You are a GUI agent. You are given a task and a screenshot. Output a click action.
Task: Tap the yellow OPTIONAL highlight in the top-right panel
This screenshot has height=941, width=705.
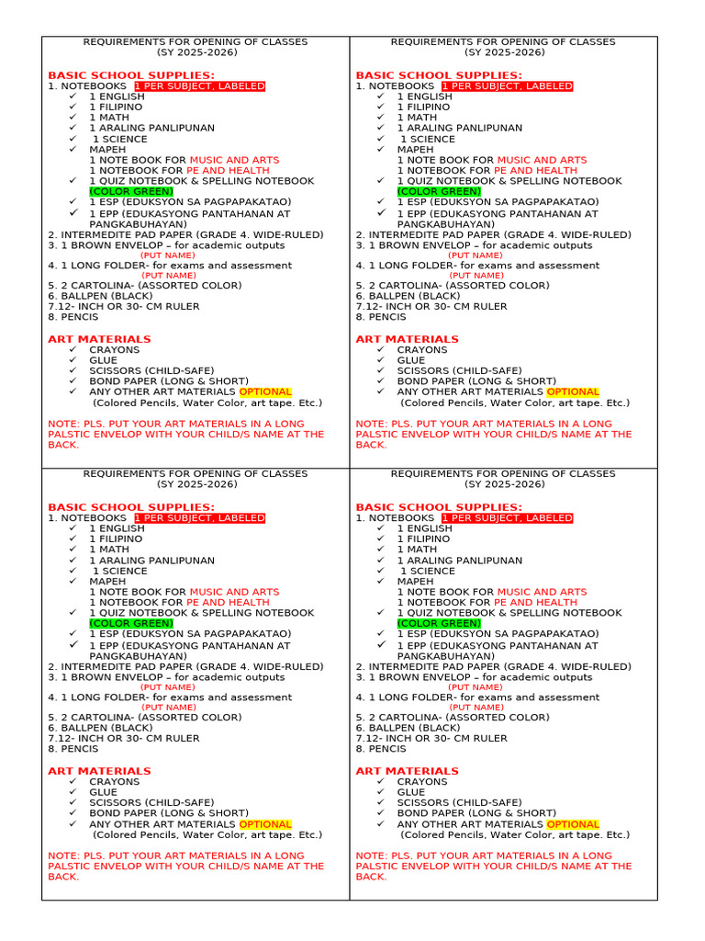(573, 391)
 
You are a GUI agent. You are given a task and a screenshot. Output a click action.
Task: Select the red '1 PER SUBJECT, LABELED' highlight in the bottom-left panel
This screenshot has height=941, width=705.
(199, 518)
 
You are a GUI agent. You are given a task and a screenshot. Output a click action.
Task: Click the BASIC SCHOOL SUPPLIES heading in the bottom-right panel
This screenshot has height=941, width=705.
(439, 507)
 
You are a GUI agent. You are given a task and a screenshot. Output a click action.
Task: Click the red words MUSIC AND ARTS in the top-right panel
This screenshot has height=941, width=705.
(542, 160)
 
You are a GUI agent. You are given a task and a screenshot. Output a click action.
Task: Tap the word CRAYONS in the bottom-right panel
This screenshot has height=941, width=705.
(422, 781)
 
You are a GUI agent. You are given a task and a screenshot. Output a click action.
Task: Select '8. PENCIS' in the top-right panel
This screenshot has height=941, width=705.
(381, 317)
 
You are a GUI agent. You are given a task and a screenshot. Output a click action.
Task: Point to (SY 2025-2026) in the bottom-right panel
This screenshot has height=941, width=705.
(504, 484)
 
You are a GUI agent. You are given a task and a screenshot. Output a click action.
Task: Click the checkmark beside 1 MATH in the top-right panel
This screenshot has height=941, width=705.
(381, 118)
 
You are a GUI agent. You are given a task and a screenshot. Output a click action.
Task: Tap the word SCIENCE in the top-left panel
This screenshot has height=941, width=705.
(127, 139)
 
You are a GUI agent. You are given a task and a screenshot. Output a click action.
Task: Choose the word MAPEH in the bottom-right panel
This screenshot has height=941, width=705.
(416, 581)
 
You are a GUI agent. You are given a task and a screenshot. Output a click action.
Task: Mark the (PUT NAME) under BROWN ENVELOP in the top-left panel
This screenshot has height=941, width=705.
(167, 255)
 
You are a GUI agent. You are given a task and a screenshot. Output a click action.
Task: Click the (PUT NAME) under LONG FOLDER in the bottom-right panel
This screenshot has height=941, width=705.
(476, 708)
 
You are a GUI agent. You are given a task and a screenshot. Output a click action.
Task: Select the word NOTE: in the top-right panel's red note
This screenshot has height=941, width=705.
(372, 424)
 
